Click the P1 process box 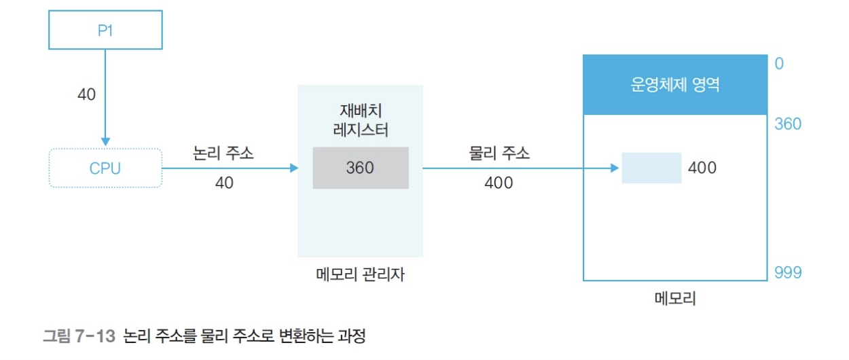click(105, 31)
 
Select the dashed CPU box click(105, 168)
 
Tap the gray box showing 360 click(360, 168)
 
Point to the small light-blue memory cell click(651, 168)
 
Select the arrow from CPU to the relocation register click(231, 168)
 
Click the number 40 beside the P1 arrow click(86, 94)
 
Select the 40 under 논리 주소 click(223, 183)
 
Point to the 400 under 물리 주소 click(499, 183)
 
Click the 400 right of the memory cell click(702, 168)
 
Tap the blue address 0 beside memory click(778, 64)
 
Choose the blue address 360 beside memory click(788, 124)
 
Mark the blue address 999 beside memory click(788, 273)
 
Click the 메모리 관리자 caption click(359, 274)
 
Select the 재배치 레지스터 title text click(360, 120)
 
